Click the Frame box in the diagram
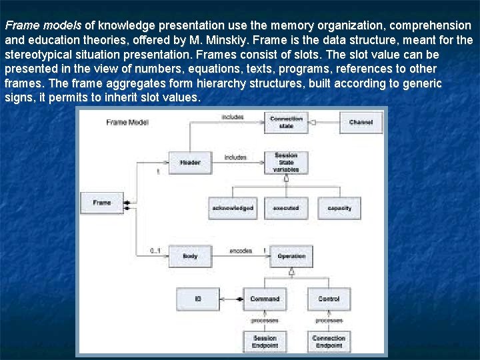102,202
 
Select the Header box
189,162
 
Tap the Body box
189,256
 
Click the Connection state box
286,122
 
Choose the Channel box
360,122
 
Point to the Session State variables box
286,162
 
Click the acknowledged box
232,209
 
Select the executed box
286,209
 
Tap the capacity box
339,209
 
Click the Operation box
291,256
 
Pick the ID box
198,299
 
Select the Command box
265,299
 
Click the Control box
329,299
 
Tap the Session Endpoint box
265,342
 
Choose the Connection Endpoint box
329,342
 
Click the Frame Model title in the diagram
127,123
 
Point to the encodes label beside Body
241,251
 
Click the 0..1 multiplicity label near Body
155,251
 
